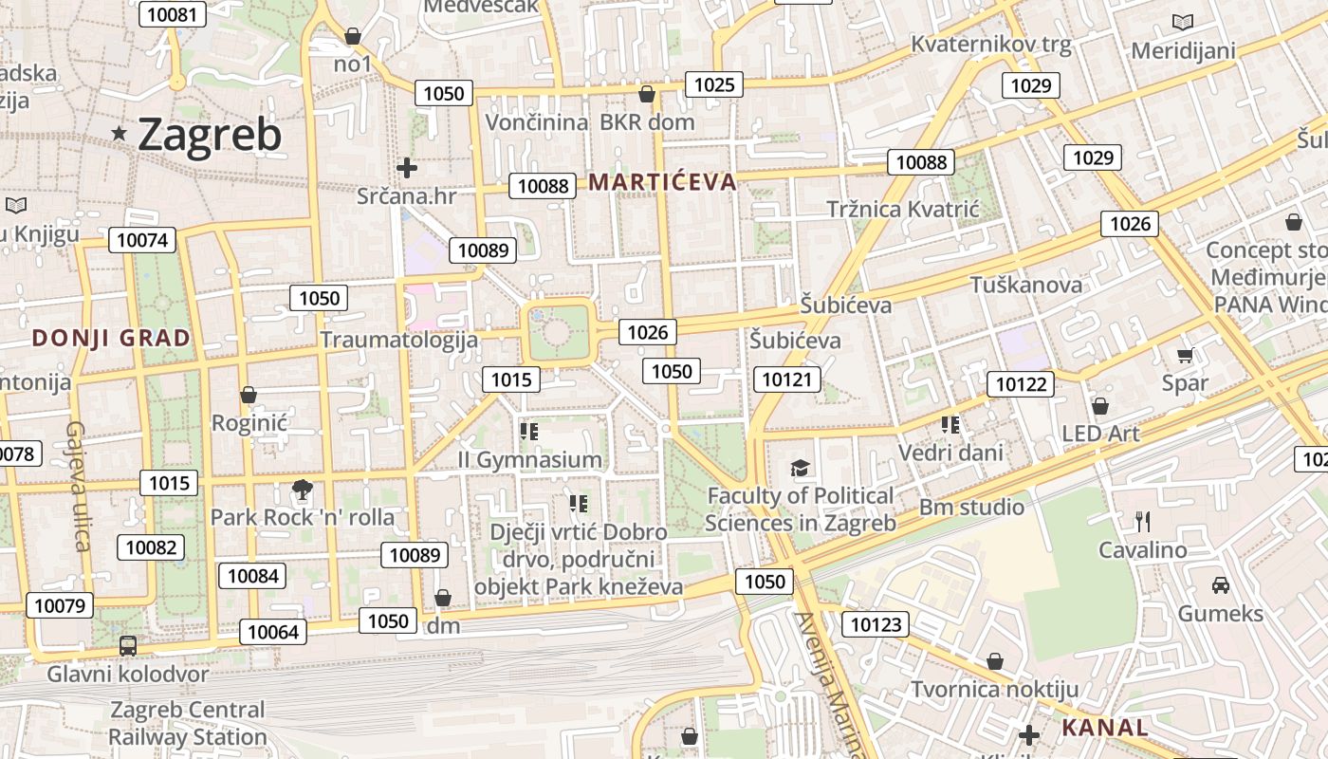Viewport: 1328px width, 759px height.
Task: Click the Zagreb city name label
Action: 210,135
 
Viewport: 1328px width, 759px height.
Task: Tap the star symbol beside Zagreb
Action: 120,134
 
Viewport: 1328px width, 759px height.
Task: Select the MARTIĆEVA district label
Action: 663,182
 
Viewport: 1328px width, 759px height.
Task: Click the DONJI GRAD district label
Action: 111,338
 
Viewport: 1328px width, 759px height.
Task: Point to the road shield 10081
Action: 172,14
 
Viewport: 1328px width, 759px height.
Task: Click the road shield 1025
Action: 714,84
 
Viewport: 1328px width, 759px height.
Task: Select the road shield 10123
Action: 875,624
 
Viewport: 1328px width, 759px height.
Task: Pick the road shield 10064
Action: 273,632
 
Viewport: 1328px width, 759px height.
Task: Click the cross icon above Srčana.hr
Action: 407,168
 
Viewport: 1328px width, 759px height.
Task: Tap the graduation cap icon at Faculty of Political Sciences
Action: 801,468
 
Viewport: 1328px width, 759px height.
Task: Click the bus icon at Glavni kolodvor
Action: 128,646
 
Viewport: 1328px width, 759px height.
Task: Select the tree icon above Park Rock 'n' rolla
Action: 303,490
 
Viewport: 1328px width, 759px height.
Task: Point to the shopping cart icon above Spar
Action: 1185,356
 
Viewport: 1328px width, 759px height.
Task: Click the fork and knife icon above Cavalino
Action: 1143,521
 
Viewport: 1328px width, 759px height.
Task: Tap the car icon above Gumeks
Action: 1221,584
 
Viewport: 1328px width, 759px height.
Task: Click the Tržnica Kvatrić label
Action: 902,209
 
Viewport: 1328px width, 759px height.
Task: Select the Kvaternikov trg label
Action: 990,44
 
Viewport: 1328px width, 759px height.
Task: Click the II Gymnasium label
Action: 529,460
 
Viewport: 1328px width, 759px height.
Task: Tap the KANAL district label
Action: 1104,729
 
